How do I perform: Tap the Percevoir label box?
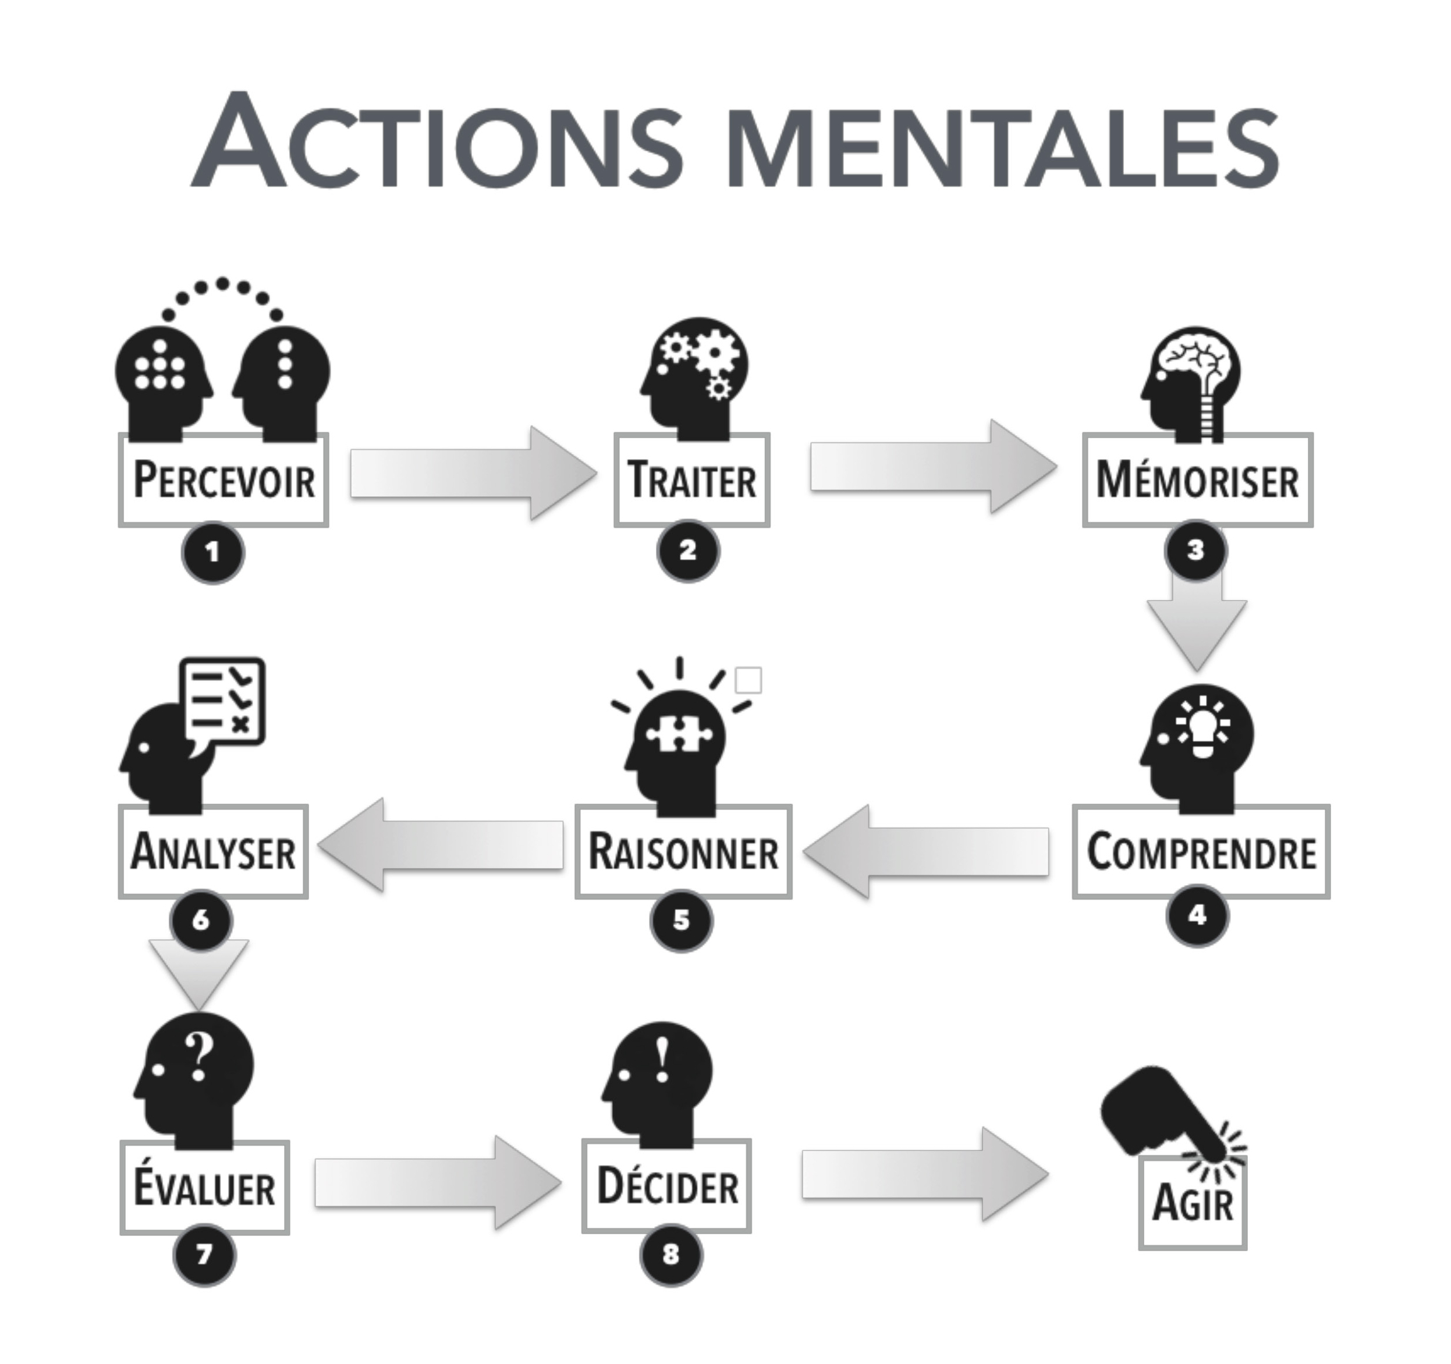(223, 480)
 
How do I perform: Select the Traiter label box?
(691, 480)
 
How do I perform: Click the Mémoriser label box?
(1197, 480)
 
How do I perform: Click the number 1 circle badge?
(212, 552)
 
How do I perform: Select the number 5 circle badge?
(681, 920)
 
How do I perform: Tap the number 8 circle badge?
(670, 1255)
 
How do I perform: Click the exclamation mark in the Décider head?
(662, 1060)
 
